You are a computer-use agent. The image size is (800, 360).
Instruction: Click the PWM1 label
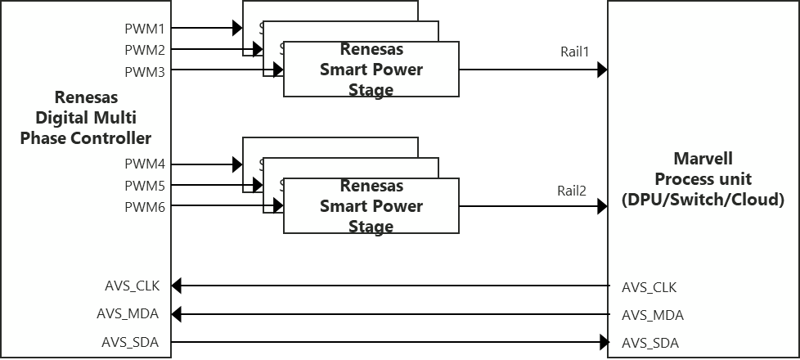click(x=145, y=29)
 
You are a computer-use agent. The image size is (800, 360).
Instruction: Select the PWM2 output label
click(x=145, y=50)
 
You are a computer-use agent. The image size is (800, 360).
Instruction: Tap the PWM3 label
click(x=145, y=72)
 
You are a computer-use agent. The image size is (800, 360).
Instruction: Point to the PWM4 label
click(x=145, y=164)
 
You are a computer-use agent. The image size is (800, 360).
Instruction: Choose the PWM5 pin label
click(x=145, y=186)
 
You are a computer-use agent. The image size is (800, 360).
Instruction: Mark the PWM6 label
click(x=145, y=208)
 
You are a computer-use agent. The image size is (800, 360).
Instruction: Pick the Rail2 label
click(x=573, y=192)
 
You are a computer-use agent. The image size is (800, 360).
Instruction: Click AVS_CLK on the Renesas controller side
click(x=133, y=286)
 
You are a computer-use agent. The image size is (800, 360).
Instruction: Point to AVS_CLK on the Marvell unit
click(x=649, y=287)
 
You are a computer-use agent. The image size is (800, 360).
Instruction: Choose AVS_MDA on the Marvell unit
click(x=652, y=316)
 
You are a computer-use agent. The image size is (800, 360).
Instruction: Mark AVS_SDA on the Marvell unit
click(x=650, y=344)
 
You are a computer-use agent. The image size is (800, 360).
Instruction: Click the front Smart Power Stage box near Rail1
click(x=371, y=69)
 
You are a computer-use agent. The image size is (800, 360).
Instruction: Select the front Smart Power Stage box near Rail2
click(x=371, y=206)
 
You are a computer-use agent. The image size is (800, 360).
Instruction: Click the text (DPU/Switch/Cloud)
click(x=703, y=200)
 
